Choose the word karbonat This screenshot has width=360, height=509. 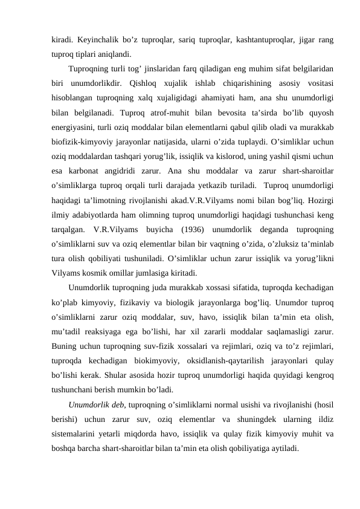90,170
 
